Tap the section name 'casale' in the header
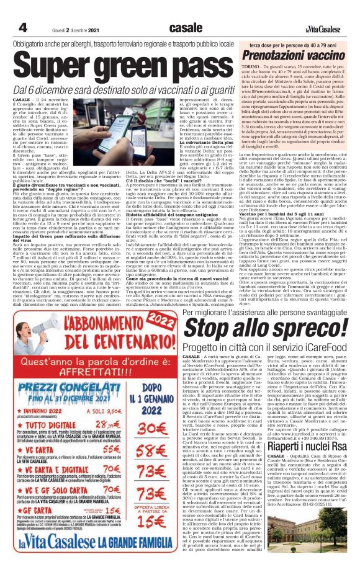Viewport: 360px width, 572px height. point(185,27)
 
